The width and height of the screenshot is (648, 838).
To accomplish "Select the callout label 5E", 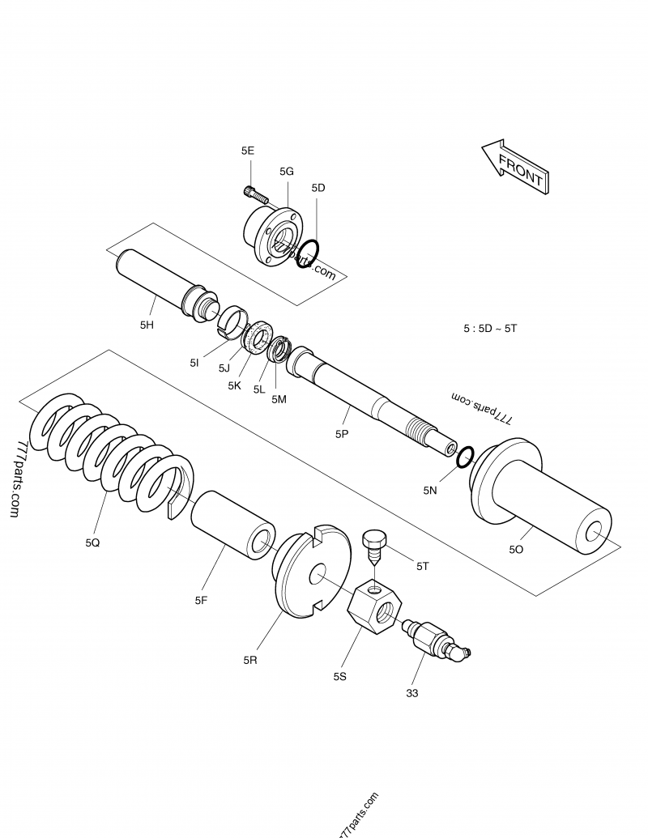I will click(248, 151).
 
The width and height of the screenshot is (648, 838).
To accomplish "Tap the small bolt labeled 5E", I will click(255, 194).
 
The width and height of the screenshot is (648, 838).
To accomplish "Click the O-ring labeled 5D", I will click(308, 255).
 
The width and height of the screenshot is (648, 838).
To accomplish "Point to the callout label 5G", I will click(287, 171).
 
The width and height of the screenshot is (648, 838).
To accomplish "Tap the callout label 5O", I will click(516, 550).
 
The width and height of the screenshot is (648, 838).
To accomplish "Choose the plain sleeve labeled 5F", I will click(235, 524).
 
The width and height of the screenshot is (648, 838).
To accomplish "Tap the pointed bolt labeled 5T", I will click(375, 547).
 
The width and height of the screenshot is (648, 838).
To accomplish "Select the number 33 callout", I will click(412, 693).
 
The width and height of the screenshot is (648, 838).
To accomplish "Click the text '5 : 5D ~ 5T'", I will click(489, 329).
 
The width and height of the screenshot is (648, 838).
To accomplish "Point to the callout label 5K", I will click(234, 385).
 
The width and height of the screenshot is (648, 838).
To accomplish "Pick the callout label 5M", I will click(279, 399).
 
